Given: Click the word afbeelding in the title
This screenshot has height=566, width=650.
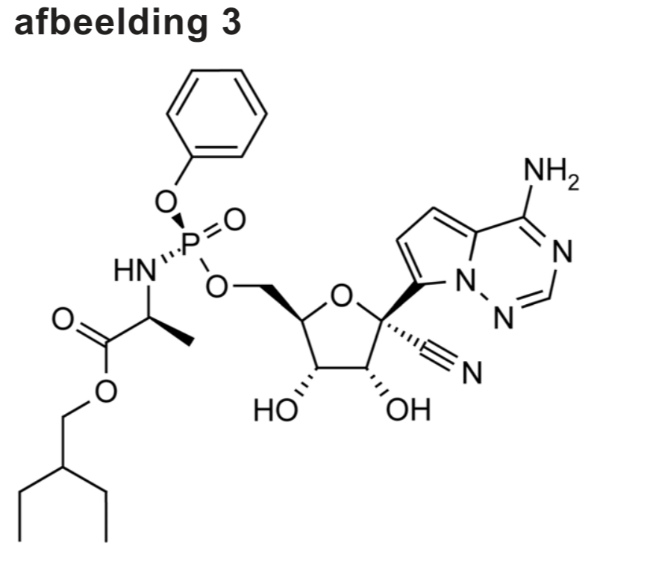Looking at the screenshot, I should tap(104, 23).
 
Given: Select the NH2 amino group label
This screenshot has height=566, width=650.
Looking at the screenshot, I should tap(551, 176).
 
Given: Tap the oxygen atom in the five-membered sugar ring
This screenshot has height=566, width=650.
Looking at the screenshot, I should tap(342, 296).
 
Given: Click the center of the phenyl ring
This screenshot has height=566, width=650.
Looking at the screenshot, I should tap(216, 113).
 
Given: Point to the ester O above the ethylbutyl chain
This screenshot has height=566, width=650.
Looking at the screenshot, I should tap(106, 390).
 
